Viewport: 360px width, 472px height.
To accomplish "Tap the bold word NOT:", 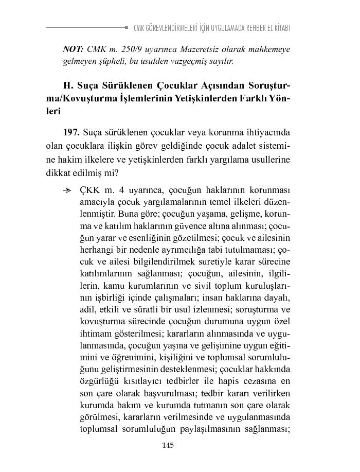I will click(x=73, y=49).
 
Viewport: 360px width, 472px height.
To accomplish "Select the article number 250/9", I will click(x=127, y=49).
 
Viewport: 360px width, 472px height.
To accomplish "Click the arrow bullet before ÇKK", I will click(x=67, y=191).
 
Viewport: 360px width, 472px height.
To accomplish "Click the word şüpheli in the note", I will click(x=103, y=61).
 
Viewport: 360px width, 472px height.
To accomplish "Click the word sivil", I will click(x=199, y=286).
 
